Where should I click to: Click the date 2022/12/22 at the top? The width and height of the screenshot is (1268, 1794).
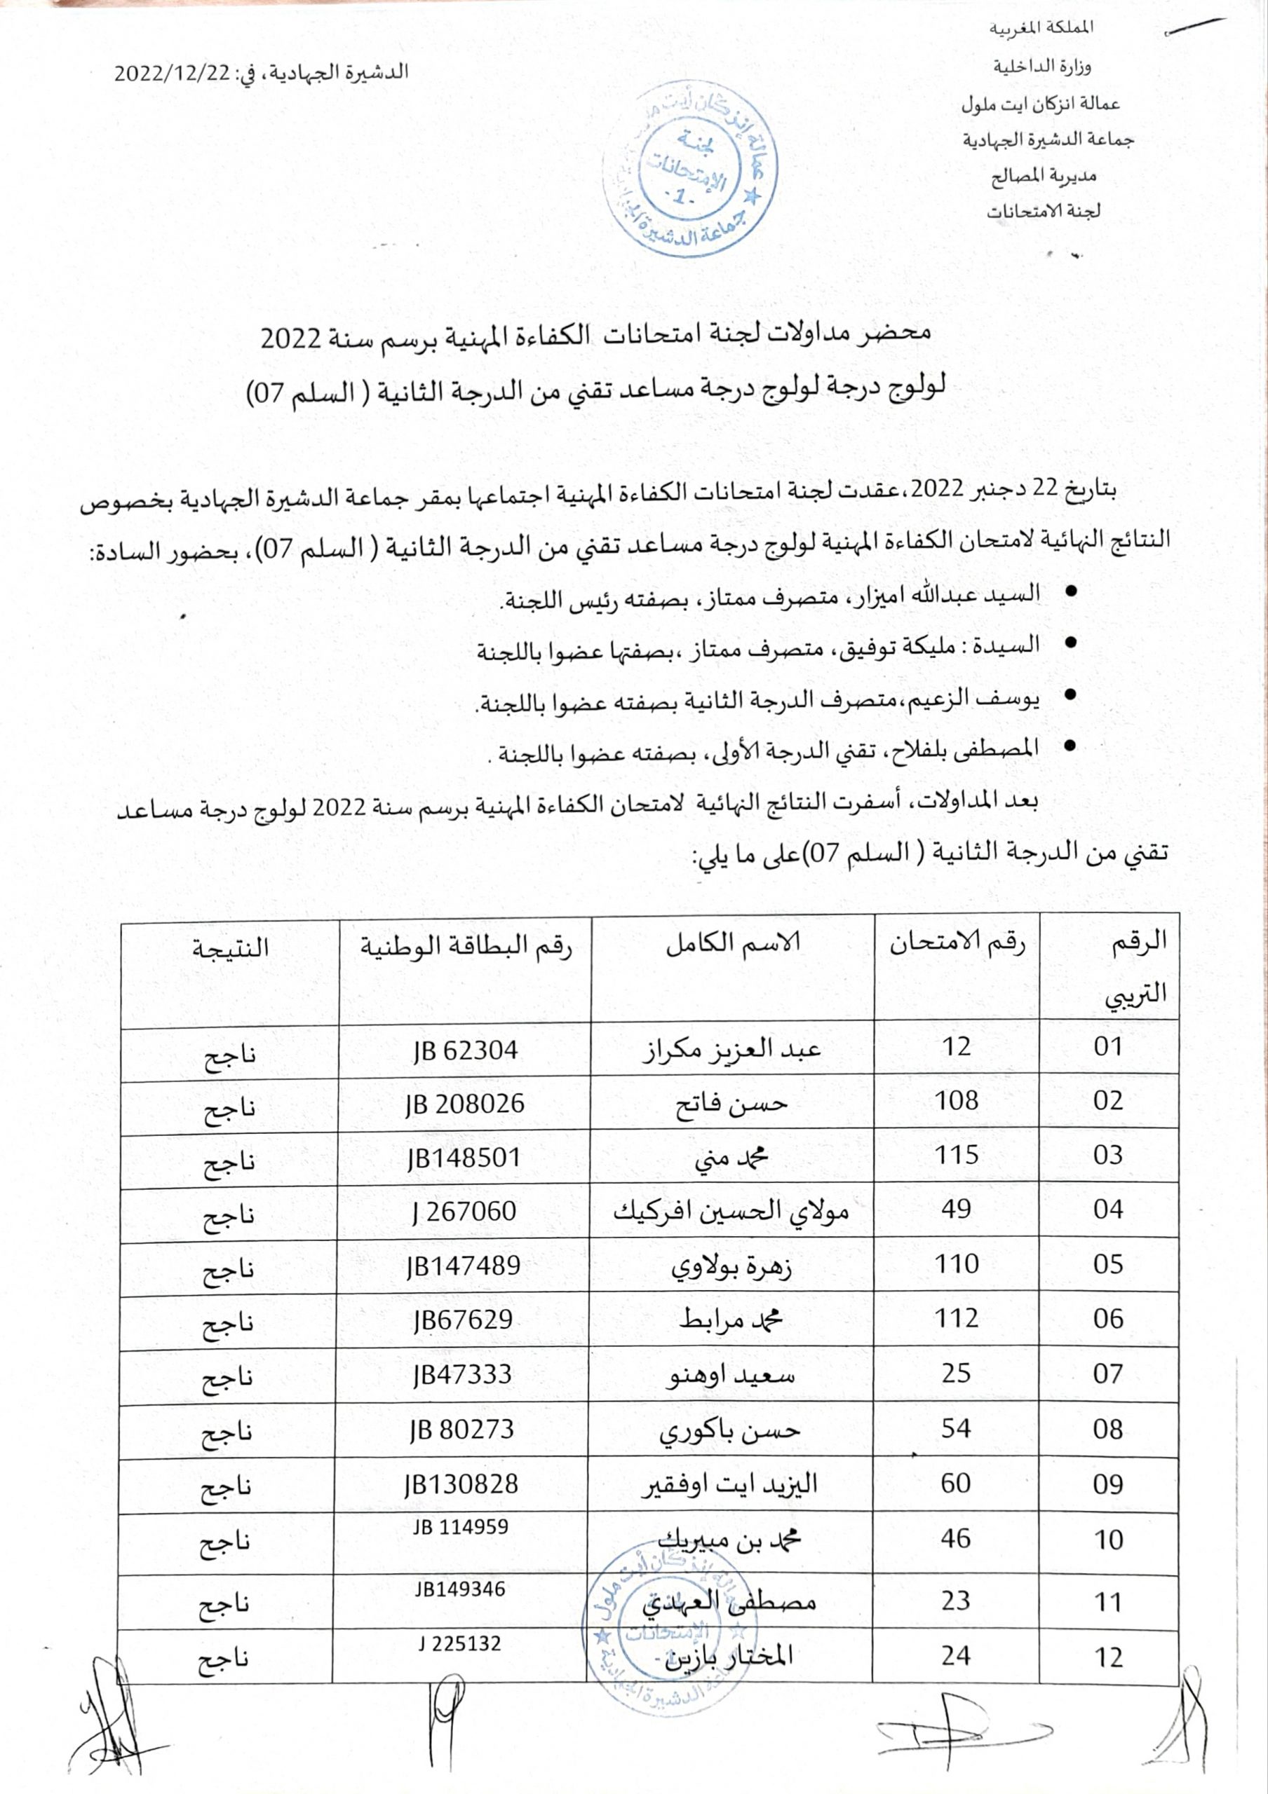(171, 74)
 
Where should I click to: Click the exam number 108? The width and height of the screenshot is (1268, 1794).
(956, 1101)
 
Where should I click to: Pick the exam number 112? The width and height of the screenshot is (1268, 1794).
(956, 1319)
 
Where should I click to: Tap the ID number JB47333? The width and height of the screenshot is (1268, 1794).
(463, 1374)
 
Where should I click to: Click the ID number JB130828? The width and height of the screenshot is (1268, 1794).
(461, 1484)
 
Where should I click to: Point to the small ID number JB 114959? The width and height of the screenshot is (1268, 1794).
(461, 1526)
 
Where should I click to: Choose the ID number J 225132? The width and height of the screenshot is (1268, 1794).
(459, 1643)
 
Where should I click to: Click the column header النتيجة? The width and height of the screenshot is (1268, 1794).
(231, 947)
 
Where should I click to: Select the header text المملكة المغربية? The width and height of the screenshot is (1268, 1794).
(1043, 28)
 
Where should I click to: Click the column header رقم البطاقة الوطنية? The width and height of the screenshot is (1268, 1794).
(466, 946)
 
